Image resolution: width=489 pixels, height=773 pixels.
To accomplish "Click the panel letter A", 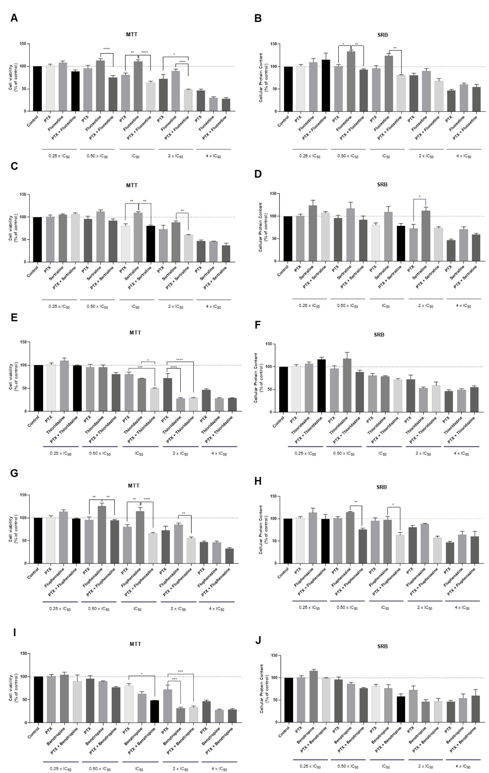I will click(x=14, y=18).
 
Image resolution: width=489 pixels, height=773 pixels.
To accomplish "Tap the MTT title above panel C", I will click(x=132, y=185).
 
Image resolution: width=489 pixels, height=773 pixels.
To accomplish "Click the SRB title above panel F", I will click(x=379, y=335).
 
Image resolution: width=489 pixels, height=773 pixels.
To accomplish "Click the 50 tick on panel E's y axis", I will click(x=25, y=388).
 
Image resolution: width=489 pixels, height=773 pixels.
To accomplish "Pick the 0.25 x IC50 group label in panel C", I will click(x=59, y=307).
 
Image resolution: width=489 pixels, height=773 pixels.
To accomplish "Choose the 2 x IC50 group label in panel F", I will click(x=423, y=454).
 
